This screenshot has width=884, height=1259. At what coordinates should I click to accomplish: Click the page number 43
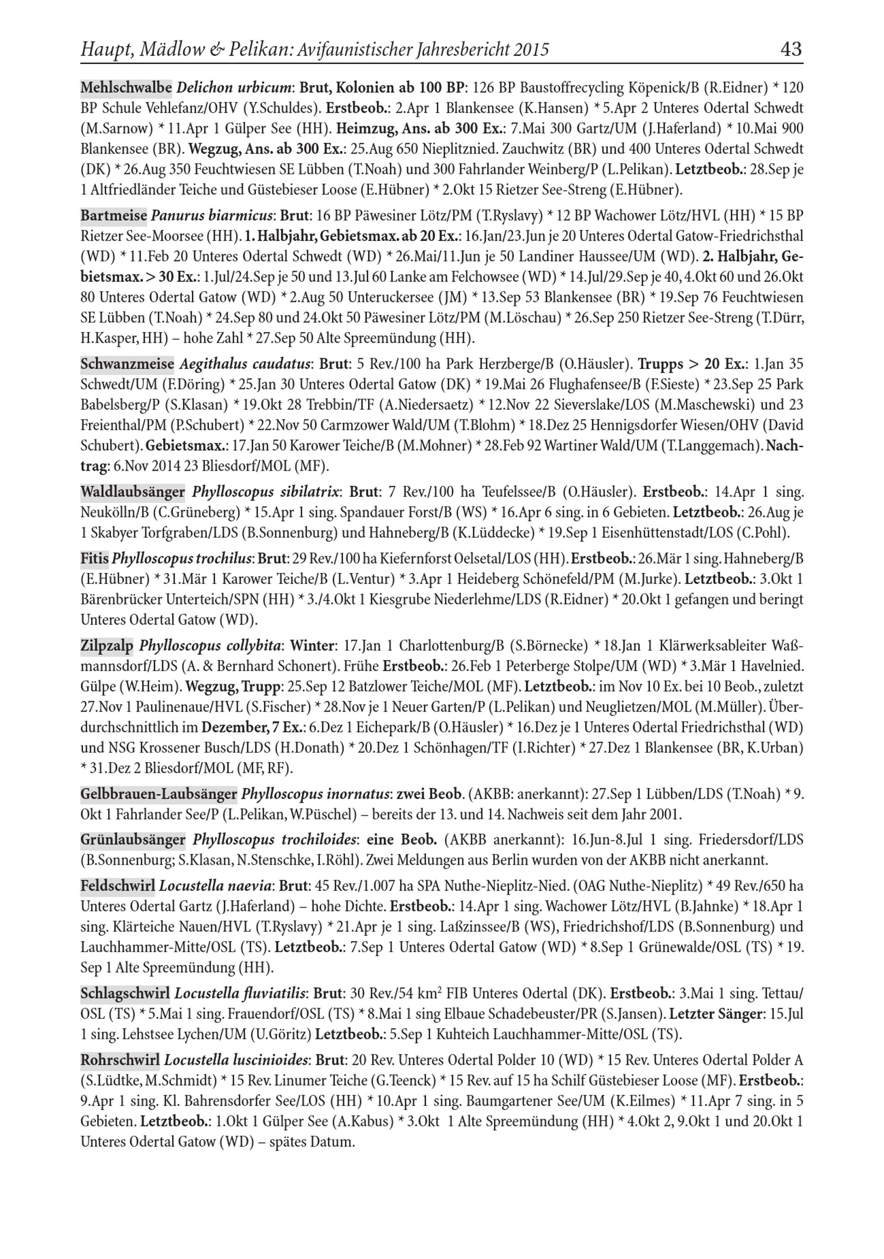pyautogui.click(x=790, y=50)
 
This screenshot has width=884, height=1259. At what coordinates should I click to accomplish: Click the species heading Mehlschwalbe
pyautogui.click(x=126, y=87)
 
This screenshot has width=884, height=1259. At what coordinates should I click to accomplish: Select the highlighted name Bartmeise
pyautogui.click(x=114, y=215)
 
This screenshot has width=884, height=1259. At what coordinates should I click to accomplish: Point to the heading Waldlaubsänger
pyautogui.click(x=133, y=492)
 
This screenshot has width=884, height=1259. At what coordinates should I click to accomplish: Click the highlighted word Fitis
pyautogui.click(x=94, y=559)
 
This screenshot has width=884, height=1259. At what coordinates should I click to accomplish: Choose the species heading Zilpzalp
pyautogui.click(x=107, y=645)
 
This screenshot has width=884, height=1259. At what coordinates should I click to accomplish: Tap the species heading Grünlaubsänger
pyautogui.click(x=133, y=839)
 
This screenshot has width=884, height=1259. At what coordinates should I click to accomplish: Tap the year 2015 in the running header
pyautogui.click(x=531, y=50)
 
